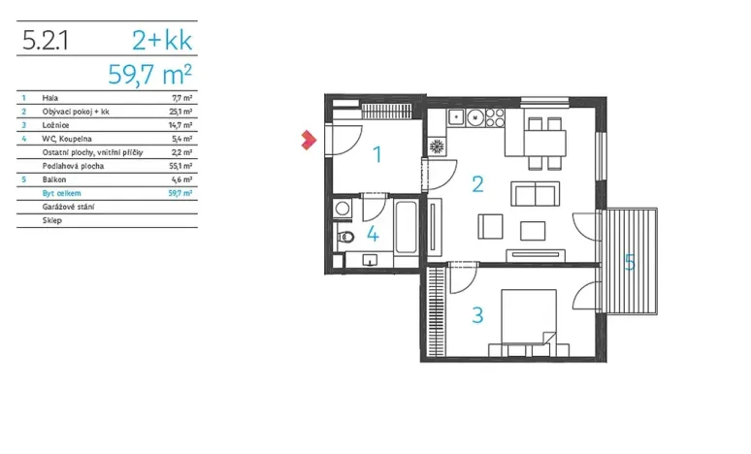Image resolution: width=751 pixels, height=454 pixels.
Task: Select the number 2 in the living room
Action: click(x=477, y=182)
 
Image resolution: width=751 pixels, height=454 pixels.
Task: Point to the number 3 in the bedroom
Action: click(x=476, y=314)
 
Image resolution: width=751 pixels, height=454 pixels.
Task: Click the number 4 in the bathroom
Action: click(x=373, y=234)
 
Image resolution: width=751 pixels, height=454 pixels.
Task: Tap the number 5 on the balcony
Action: click(x=630, y=262)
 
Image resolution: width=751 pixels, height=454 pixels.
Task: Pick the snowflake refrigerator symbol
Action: click(x=437, y=147)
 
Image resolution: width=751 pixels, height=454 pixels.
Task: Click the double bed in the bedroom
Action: click(x=524, y=320)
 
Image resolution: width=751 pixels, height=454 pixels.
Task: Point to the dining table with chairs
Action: click(x=543, y=142)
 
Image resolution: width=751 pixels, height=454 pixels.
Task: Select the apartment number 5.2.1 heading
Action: click(x=45, y=41)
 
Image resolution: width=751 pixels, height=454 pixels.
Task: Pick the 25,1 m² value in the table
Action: click(x=180, y=112)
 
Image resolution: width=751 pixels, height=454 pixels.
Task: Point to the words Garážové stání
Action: click(x=62, y=208)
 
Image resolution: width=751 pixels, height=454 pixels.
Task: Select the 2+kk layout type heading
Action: click(x=162, y=40)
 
